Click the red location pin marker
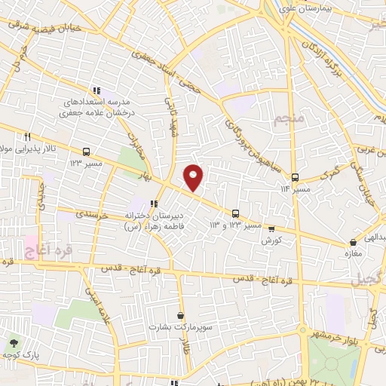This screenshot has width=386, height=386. [194, 177]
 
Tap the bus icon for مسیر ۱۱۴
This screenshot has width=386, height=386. [296, 176]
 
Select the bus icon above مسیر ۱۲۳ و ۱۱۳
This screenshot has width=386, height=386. [236, 213]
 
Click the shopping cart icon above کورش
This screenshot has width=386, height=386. [271, 229]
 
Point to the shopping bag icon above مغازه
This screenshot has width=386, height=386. [354, 243]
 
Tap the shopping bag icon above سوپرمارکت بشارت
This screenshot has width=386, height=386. [179, 315]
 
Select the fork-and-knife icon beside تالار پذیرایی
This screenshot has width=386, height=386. [27, 136]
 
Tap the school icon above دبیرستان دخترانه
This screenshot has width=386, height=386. [155, 203]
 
